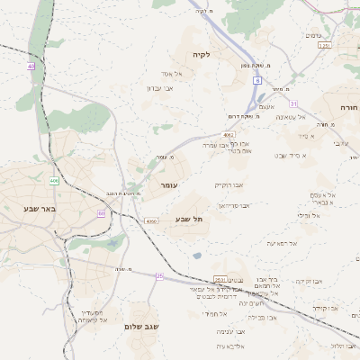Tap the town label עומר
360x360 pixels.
168,184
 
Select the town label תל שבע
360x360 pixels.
187,219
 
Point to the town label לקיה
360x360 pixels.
200,55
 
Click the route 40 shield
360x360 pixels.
31,66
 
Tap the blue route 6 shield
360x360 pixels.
256,80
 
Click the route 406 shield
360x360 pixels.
54,181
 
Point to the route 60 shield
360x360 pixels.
101,213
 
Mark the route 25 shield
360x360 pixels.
159,275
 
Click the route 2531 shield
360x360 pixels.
219,277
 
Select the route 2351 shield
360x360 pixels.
324,45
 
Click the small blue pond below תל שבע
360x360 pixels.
197,256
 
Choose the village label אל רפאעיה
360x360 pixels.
282,243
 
